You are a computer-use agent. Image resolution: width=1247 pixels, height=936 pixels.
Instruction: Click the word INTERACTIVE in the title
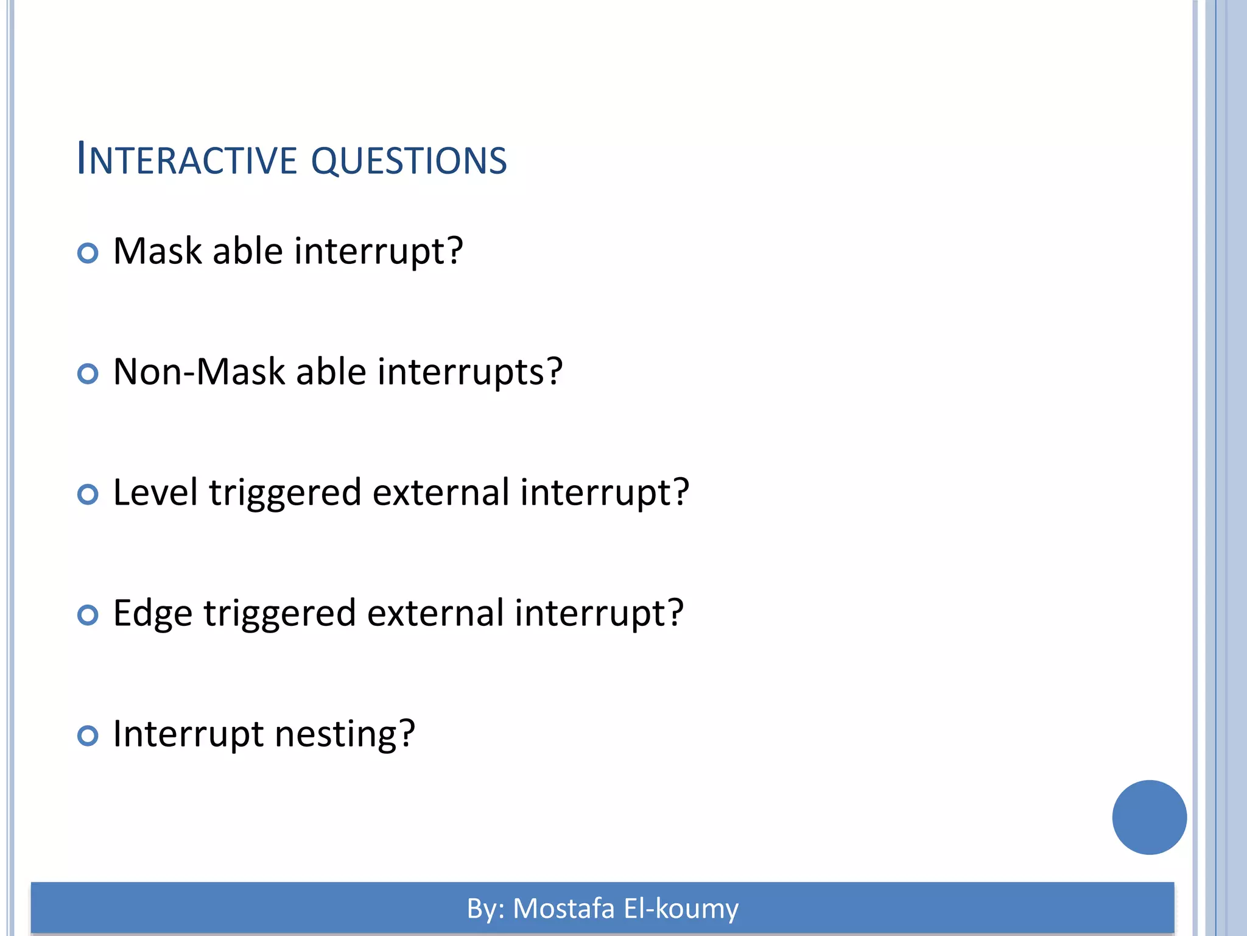[186, 160]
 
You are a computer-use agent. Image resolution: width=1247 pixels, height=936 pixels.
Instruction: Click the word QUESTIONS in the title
[409, 161]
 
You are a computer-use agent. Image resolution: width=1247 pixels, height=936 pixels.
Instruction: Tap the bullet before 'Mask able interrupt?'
[88, 253]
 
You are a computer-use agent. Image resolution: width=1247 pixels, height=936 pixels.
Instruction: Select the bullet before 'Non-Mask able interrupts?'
[88, 374]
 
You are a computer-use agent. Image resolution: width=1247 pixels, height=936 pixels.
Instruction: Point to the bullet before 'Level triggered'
[88, 494]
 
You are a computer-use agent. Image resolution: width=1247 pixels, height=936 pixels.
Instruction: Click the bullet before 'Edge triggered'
[88, 615]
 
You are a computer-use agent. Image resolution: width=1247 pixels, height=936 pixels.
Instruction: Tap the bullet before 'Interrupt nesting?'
[88, 736]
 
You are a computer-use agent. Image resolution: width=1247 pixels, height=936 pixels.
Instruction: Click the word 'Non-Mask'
[199, 372]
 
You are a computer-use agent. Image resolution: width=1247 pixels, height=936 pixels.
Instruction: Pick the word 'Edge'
[153, 614]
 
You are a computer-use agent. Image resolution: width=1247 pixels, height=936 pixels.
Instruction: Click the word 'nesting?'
[345, 735]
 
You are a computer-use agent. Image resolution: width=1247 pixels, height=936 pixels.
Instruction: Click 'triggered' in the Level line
[285, 494]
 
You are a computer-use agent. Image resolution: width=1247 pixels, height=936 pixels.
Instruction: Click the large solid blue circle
[1149, 817]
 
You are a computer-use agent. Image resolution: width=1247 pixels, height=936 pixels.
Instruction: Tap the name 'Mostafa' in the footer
[564, 909]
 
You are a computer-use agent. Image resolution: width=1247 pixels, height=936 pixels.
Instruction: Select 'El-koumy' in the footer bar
[681, 909]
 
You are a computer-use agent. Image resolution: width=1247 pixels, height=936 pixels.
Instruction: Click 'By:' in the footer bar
[486, 909]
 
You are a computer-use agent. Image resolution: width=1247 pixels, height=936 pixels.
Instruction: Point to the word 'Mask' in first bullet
[157, 251]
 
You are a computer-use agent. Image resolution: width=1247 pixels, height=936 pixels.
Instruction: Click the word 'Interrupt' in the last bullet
[188, 734]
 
